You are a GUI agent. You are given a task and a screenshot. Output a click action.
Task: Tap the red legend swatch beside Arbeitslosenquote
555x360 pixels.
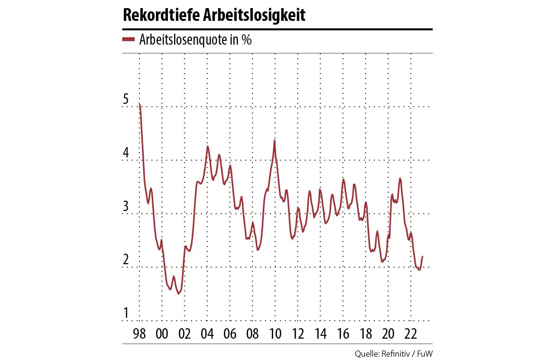click(x=129, y=40)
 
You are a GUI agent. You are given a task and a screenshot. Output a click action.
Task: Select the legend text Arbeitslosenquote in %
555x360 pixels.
click(x=195, y=40)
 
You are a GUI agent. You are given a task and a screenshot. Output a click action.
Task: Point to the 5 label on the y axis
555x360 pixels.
click(x=126, y=100)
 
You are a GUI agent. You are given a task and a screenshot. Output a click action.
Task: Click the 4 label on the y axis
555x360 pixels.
click(x=126, y=153)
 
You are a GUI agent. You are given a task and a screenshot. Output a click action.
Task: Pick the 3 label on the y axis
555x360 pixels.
click(x=126, y=207)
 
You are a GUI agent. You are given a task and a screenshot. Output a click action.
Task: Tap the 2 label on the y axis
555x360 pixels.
click(x=126, y=260)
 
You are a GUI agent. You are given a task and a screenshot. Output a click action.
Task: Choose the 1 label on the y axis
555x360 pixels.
click(x=126, y=314)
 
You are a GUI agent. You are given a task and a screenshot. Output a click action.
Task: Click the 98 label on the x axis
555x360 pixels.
click(x=139, y=333)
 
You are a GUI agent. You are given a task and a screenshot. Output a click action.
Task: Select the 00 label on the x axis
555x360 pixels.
click(x=162, y=333)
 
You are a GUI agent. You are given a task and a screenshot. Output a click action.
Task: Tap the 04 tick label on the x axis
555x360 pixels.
click(x=207, y=333)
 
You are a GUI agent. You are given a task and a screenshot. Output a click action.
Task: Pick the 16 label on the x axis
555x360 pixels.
click(x=343, y=333)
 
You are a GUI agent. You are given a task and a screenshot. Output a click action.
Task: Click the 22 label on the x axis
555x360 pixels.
click(x=411, y=333)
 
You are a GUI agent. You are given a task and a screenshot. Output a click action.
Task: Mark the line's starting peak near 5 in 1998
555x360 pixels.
click(x=139, y=104)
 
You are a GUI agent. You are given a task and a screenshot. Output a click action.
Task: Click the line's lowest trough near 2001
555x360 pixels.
click(x=178, y=294)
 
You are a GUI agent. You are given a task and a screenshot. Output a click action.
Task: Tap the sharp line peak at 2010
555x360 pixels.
click(x=275, y=140)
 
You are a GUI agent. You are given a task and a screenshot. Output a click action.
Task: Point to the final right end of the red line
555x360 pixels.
click(x=422, y=257)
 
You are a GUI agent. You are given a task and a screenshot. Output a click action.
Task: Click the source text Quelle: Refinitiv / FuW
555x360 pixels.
click(x=394, y=353)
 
